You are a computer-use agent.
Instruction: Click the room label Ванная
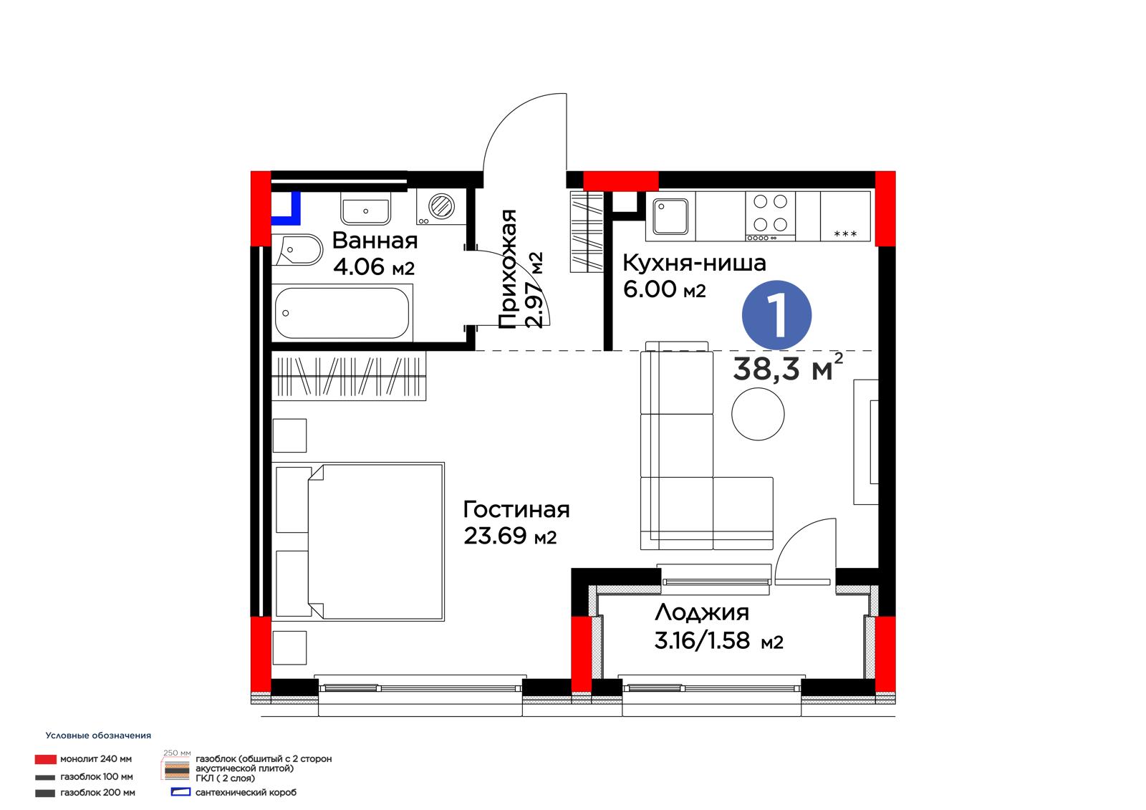pos(375,241)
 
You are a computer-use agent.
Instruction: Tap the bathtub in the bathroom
pos(342,313)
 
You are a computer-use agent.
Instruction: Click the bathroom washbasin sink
pos(365,208)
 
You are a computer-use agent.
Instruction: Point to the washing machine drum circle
pos(441,206)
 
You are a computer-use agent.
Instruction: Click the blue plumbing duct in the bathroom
pos(286,209)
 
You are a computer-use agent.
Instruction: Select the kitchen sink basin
pos(670,216)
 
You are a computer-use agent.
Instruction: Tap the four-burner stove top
pos(770,216)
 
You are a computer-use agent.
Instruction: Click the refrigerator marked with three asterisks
pos(845,216)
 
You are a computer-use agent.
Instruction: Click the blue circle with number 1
pos(776,315)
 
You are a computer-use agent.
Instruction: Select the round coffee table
pos(758,414)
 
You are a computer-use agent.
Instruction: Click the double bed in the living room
pos(358,542)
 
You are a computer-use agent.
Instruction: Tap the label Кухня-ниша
pos(694,263)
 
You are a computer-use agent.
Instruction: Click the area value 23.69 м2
pos(510,536)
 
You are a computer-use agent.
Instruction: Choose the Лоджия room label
pos(702,612)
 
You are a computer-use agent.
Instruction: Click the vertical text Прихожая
pos(508,269)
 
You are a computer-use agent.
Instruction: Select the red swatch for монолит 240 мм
pos(46,759)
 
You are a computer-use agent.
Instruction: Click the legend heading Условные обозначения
pos(98,736)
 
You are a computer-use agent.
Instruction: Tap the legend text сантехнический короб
pos(246,793)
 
